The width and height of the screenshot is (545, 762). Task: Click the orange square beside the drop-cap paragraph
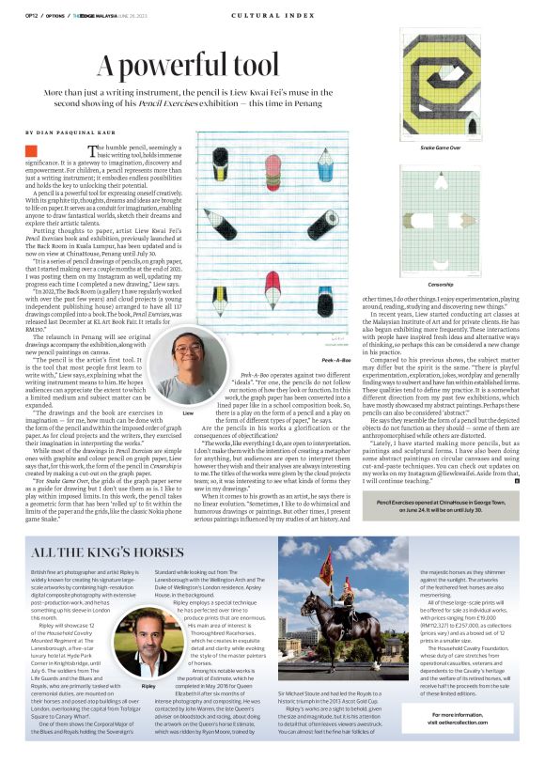[x=31, y=150]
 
